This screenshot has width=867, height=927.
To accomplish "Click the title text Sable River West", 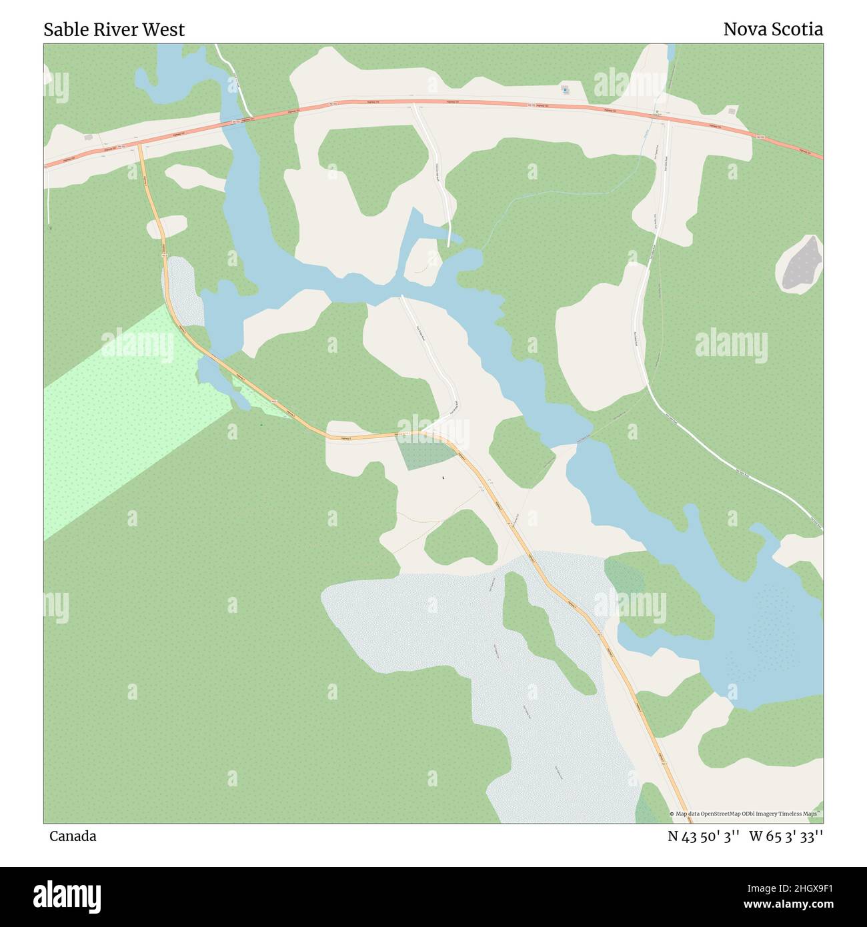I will [114, 29].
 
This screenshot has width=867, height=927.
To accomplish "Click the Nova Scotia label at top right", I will [772, 29].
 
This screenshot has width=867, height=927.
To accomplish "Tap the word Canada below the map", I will [73, 836].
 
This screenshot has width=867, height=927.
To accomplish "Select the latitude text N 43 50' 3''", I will [704, 836].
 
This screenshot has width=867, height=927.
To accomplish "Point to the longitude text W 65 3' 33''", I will [786, 836].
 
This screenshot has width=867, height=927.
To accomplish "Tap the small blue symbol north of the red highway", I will [566, 89].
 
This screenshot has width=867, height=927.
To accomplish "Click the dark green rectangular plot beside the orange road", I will [425, 453].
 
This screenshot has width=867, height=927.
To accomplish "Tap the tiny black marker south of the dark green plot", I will [443, 478].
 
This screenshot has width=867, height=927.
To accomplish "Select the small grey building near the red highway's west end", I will [88, 137].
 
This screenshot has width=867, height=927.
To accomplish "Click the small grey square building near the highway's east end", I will [732, 111].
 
